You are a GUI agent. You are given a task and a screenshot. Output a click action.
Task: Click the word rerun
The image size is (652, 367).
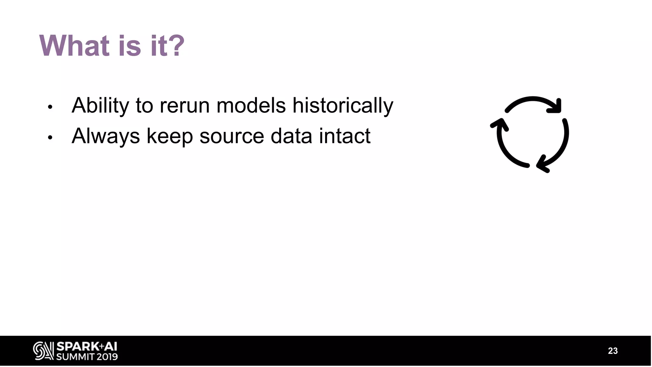[184, 105]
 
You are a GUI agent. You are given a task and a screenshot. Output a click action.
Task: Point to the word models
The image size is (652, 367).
[251, 105]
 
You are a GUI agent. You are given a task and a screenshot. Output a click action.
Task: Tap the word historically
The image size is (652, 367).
[343, 105]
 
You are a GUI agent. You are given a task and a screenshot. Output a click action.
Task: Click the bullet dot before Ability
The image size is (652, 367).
[50, 107]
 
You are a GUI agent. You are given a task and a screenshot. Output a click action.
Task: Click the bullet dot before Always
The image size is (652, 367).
[50, 138]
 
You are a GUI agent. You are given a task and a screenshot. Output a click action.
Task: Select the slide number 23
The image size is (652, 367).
[613, 351]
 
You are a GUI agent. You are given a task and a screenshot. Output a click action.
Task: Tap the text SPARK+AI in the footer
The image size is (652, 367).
[87, 346]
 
